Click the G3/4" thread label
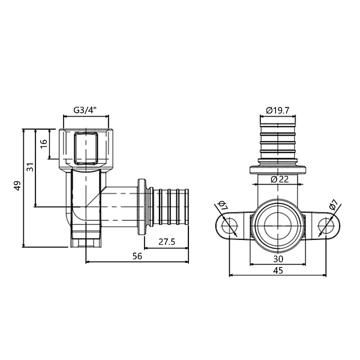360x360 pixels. pos(85,110)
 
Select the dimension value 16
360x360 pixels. pos(43,144)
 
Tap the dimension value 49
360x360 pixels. pos(17,187)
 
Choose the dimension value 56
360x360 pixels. pos(137,256)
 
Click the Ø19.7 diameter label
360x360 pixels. pos(278,110)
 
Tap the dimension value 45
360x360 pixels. pos(278,271)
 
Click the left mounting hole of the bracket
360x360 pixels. pos(229,226)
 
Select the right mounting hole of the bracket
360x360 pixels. pos(326,226)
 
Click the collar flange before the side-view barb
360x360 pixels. pos(142,207)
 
